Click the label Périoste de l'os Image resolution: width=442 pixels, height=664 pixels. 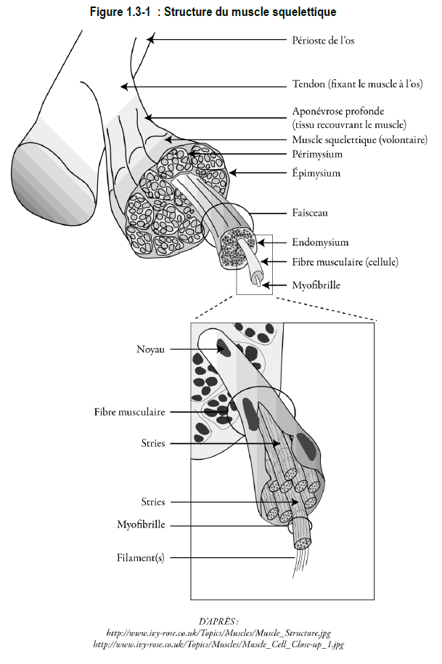click(323, 40)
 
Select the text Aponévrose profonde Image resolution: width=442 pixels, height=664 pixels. click(338, 111)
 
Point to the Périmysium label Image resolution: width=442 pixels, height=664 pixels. click(317, 154)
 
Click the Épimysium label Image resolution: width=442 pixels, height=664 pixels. click(316, 173)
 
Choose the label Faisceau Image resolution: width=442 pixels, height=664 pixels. click(310, 213)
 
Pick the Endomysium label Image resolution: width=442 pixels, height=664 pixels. click(320, 242)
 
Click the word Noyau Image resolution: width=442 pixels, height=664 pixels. click(150, 349)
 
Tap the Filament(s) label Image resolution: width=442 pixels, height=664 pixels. click(140, 558)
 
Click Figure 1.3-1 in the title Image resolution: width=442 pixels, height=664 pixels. click(120, 12)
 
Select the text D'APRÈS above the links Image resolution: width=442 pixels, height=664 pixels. click(218, 622)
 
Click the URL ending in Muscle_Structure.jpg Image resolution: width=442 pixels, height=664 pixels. click(218, 633)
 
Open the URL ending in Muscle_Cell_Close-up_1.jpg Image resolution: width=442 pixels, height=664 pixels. click(218, 644)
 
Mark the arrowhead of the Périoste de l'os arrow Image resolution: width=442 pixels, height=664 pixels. click(150, 40)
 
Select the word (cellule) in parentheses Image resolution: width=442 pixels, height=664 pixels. click(382, 262)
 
